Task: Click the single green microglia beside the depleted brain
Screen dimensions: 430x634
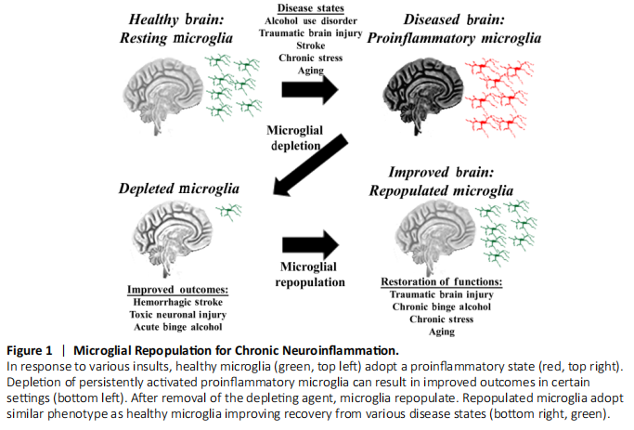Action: (x=226, y=213)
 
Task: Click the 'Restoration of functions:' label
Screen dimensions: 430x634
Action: (x=443, y=282)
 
